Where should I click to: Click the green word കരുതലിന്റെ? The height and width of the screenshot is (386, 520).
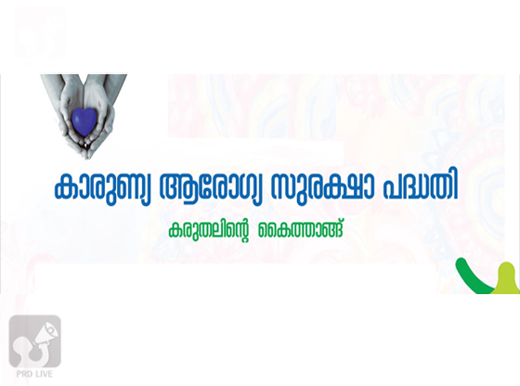(x=209, y=229)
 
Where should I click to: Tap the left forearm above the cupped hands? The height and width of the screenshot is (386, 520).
(x=52, y=87)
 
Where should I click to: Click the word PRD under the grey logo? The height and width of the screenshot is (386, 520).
(x=25, y=374)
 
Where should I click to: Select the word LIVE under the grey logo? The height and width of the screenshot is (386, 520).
(x=45, y=374)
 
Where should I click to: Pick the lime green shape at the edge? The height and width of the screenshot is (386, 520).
(x=507, y=279)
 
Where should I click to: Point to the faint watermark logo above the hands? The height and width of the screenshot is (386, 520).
(x=41, y=34)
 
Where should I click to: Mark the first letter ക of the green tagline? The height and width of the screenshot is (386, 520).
(x=175, y=230)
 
